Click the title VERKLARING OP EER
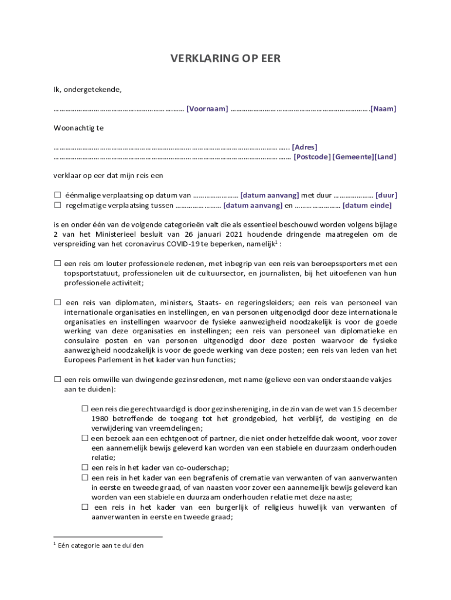(225, 58)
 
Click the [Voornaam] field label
(207, 108)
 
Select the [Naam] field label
(383, 108)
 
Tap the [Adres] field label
(305, 147)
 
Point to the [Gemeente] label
(353, 156)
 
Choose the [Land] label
(385, 156)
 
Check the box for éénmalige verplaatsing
(57, 195)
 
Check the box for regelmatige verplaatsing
(57, 205)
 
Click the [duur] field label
(386, 195)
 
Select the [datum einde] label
(367, 205)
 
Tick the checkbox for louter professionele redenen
(57, 264)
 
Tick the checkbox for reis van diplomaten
(57, 302)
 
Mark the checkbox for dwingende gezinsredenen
(57, 380)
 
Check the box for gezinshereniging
(85, 408)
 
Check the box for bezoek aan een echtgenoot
(85, 438)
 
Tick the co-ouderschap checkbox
(85, 467)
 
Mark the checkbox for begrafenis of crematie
(85, 477)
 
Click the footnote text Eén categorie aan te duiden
(100, 545)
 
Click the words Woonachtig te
(78, 128)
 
